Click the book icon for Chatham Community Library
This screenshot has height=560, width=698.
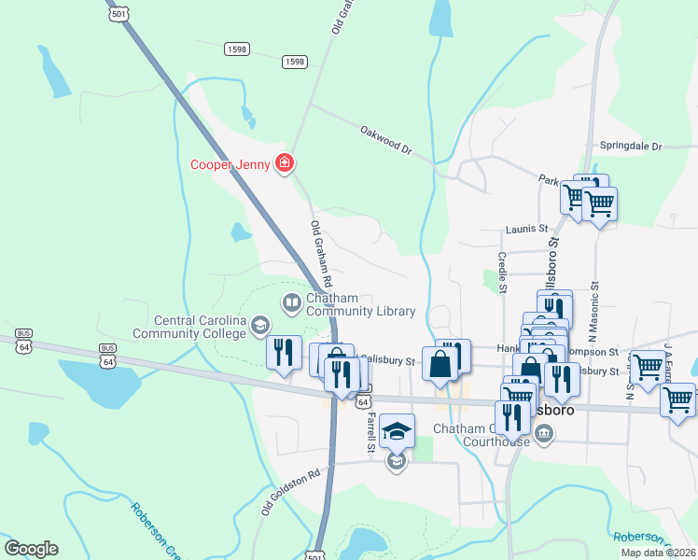[x=291, y=302]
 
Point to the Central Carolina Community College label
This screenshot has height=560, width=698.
[x=189, y=327]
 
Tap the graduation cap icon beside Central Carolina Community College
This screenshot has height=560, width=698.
[x=260, y=325]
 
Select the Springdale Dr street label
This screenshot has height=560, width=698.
[x=630, y=147]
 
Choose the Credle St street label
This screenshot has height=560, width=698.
[x=502, y=272]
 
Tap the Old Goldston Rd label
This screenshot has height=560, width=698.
[x=290, y=492]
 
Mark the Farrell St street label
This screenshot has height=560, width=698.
[x=370, y=433]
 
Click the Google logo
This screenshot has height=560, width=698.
[x=31, y=548]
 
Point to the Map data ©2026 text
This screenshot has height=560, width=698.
[x=659, y=553]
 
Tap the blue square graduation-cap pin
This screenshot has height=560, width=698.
[x=397, y=431]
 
